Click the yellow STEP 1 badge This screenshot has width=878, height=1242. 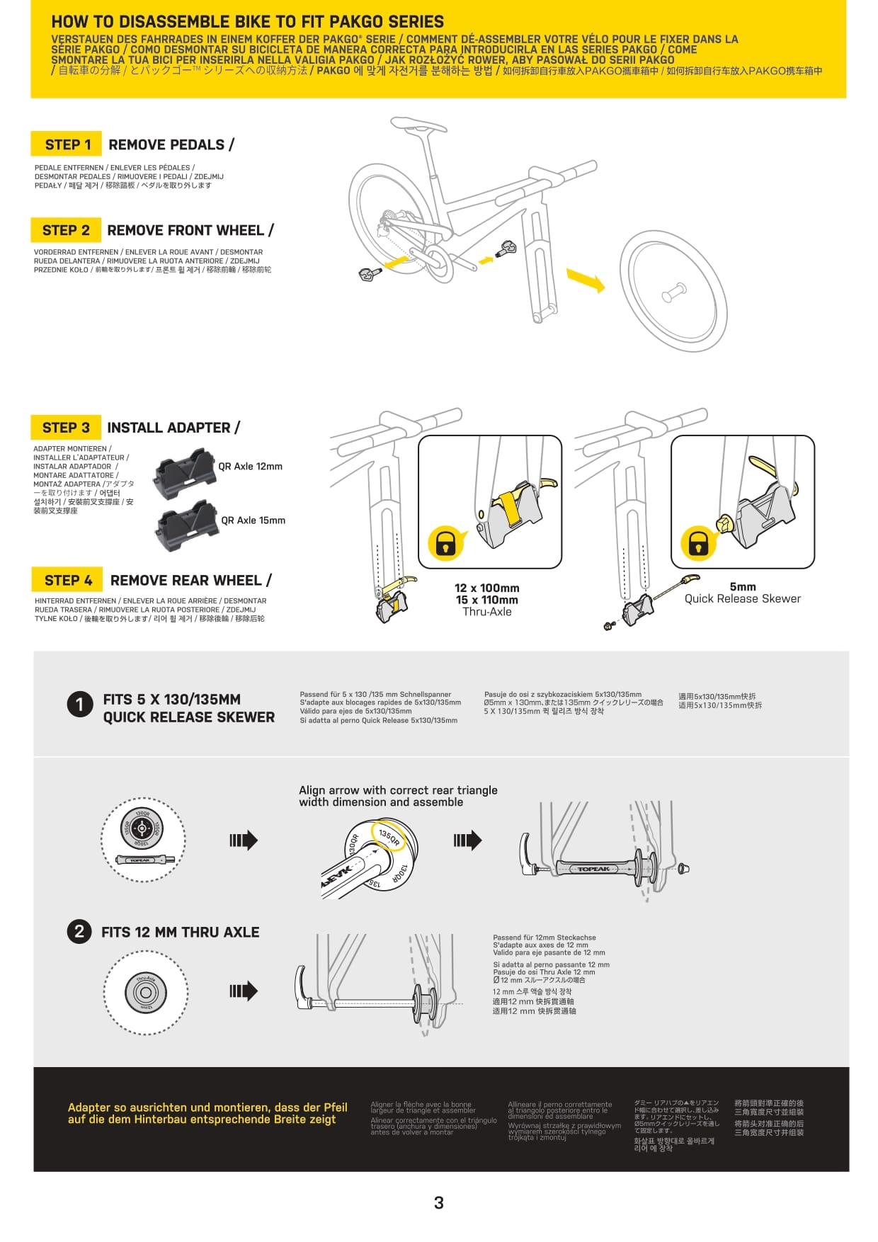(67, 144)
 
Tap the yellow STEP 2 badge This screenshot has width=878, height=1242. (66, 230)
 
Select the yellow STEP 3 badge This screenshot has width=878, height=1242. (66, 428)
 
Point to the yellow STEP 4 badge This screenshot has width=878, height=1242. (67, 580)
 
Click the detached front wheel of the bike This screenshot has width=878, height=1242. (673, 292)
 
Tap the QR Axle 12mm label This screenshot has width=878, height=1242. (250, 467)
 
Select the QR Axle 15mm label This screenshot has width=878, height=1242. (253, 520)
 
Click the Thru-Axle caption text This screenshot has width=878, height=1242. (487, 612)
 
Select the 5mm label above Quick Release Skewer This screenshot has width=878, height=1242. (743, 586)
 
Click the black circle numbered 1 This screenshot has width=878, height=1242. (80, 705)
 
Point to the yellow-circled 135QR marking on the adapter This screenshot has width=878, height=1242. (389, 837)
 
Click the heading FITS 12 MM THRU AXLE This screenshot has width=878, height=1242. (180, 933)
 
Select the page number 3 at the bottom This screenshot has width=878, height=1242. (439, 1202)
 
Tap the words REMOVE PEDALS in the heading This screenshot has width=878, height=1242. (166, 144)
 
